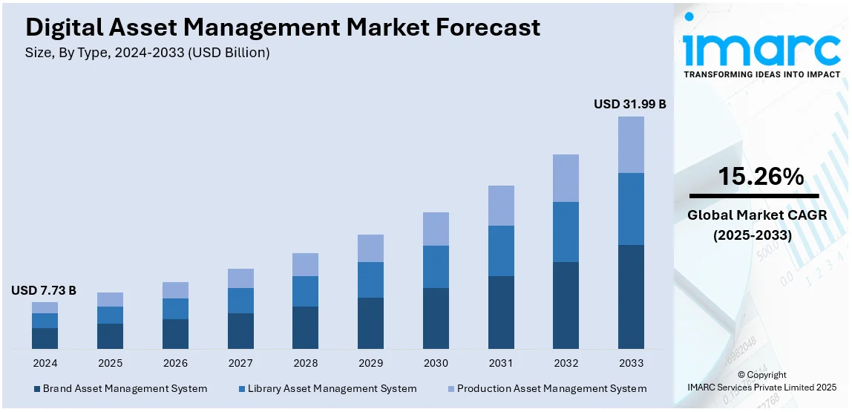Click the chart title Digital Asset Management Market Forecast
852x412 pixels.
(x=283, y=27)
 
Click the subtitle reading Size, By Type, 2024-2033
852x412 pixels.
(x=148, y=53)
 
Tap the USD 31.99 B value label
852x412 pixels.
(x=629, y=105)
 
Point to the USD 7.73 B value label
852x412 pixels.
(x=44, y=290)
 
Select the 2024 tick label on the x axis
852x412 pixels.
(x=45, y=363)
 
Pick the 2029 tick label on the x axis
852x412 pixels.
(x=370, y=363)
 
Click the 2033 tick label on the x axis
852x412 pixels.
(x=631, y=363)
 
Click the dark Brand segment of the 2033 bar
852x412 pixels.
(x=631, y=296)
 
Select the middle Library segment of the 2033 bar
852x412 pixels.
(x=631, y=209)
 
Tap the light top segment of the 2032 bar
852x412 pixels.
(x=566, y=178)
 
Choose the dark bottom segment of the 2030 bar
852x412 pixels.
(x=436, y=318)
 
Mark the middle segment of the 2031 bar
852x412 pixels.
(x=501, y=251)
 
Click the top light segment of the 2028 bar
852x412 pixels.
(x=305, y=264)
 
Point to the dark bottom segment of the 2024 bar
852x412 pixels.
(x=45, y=338)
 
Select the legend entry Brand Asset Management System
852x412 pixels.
(x=119, y=388)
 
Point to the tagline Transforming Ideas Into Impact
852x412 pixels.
(x=761, y=74)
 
